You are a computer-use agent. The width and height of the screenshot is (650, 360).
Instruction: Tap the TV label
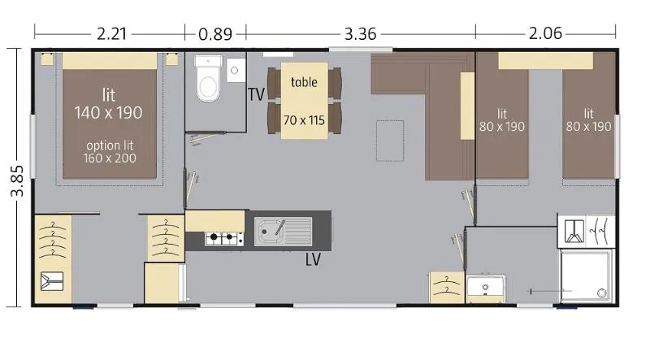coord(257,94)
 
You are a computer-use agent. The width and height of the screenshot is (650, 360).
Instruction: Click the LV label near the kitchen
coord(314,260)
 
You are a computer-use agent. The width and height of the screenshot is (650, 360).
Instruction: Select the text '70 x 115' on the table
coord(304,120)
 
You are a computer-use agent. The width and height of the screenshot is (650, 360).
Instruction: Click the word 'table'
coord(304,82)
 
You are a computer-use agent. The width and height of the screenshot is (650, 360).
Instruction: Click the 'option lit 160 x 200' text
coord(109,152)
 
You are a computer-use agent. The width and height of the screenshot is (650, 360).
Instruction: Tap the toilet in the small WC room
coord(208,81)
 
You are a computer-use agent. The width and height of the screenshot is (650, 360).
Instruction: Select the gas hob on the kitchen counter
coord(223,239)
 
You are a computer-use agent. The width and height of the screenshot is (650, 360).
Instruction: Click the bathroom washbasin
coord(486,288)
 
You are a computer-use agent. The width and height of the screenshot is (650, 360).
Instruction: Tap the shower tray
coord(585,276)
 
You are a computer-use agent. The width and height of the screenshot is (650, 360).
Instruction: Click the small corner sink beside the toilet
coord(236,67)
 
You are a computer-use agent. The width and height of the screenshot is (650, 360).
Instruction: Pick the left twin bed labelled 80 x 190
coord(502,122)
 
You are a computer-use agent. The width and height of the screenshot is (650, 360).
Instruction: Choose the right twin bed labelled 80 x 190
coord(588,122)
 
